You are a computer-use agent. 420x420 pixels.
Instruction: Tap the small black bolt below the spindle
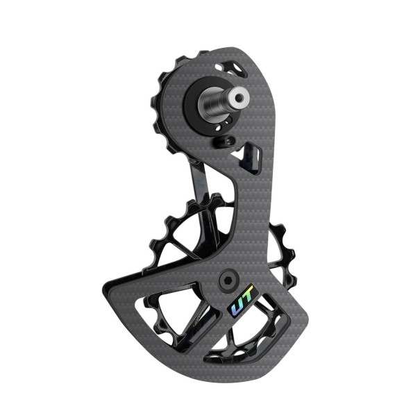tap(220, 142)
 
